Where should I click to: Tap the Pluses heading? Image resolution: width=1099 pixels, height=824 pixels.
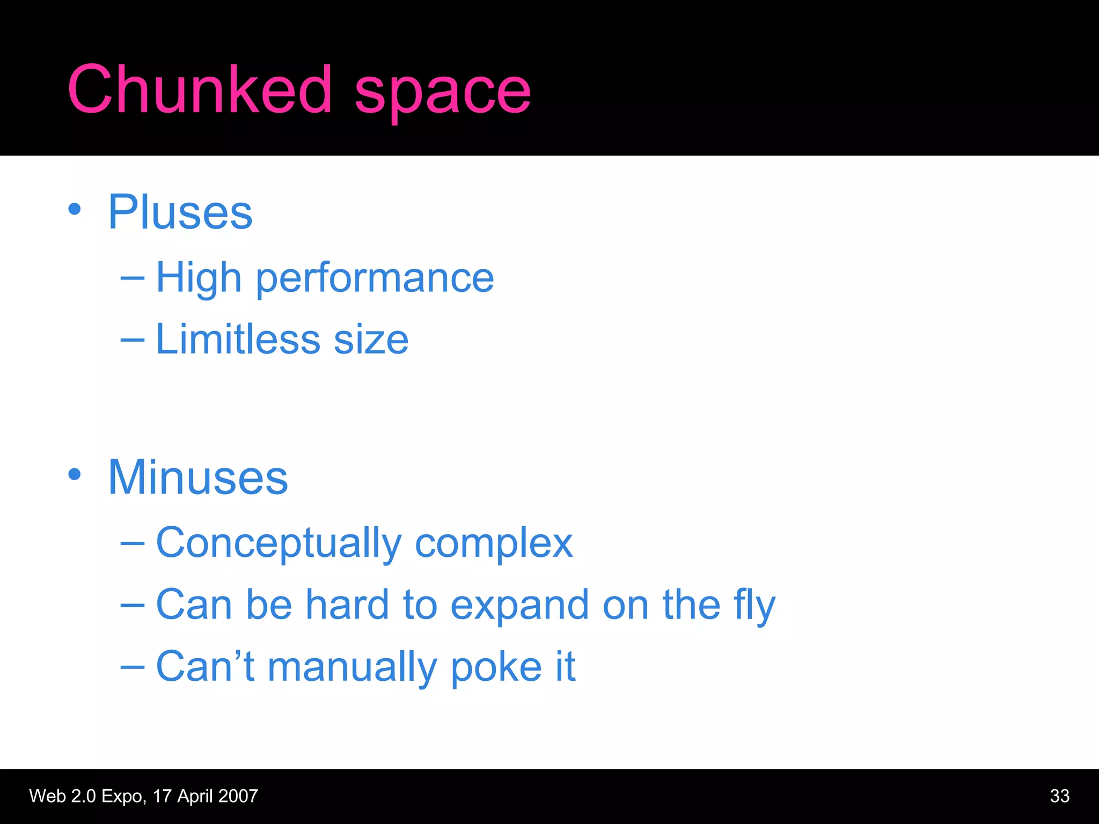pos(180,212)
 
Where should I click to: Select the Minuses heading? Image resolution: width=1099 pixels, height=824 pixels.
pos(198,477)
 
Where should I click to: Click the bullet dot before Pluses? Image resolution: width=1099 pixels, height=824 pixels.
pos(75,210)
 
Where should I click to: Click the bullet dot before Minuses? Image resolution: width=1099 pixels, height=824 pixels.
pos(75,474)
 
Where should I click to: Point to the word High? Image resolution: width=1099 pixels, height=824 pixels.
pos(199,278)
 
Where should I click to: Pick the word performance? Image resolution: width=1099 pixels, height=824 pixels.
pos(375,279)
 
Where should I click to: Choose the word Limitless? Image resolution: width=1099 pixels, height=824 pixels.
pos(238,339)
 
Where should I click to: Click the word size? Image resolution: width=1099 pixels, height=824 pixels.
pos(371,340)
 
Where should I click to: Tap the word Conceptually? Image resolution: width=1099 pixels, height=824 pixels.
pos(278,543)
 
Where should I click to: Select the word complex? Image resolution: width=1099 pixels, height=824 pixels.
pos(494,543)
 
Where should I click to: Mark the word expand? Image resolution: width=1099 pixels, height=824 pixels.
pos(519,606)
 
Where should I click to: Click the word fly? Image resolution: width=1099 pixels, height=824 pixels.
pos(754,606)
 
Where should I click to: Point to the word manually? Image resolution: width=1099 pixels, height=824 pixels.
pos(352,667)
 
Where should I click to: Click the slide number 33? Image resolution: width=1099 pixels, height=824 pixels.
pos(1059,796)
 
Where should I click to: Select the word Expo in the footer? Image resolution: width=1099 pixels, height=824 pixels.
pos(123,796)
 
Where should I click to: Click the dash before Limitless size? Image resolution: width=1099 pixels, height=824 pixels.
pos(133,339)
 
